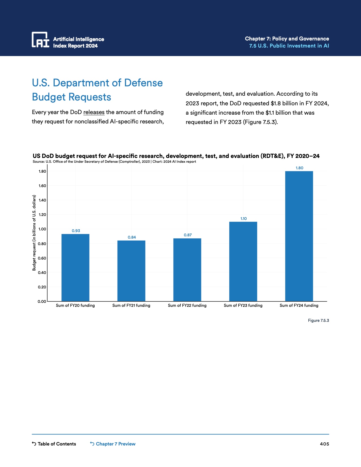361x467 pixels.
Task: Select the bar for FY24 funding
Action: (x=299, y=236)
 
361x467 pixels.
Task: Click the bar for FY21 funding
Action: (x=131, y=271)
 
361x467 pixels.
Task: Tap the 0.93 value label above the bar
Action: (x=76, y=231)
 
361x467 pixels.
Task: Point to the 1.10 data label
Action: (x=243, y=218)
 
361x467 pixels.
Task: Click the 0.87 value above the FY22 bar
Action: (x=188, y=235)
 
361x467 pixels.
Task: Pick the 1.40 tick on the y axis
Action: (x=42, y=200)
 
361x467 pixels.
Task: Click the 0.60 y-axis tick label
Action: (x=42, y=258)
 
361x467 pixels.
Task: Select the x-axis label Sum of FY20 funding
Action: (x=75, y=305)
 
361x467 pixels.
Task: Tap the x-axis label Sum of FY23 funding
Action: (x=243, y=305)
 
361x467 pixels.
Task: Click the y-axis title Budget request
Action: (x=34, y=233)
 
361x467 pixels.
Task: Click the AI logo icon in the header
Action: (x=40, y=40)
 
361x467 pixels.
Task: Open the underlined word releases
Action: (x=94, y=112)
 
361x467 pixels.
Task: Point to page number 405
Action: (x=324, y=444)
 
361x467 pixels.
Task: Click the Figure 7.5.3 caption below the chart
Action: (x=318, y=320)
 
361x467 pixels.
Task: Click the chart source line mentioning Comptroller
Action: (x=114, y=162)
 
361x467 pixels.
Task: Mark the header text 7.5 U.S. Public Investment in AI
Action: (x=289, y=46)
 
